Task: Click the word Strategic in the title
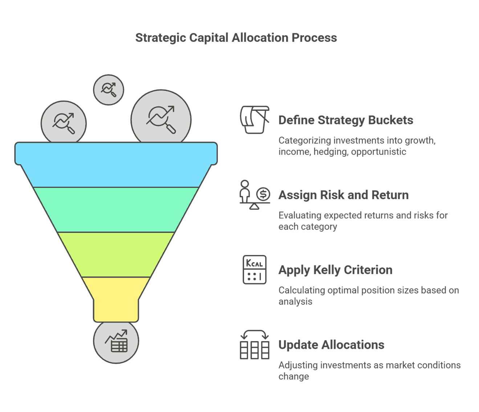tap(161, 38)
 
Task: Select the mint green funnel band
tap(116, 210)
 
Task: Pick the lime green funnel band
tap(116, 255)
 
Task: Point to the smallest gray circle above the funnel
tap(109, 90)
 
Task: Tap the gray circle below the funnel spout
tap(116, 342)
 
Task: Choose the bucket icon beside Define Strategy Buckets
tap(255, 120)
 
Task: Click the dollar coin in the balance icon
tap(263, 194)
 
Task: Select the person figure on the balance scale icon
tap(245, 191)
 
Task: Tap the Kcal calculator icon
tap(255, 270)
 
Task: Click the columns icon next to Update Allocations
tap(255, 344)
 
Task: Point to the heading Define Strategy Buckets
tap(346, 120)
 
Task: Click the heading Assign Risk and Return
tap(344, 195)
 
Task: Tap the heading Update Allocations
tap(332, 345)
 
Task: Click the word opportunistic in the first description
tap(378, 152)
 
